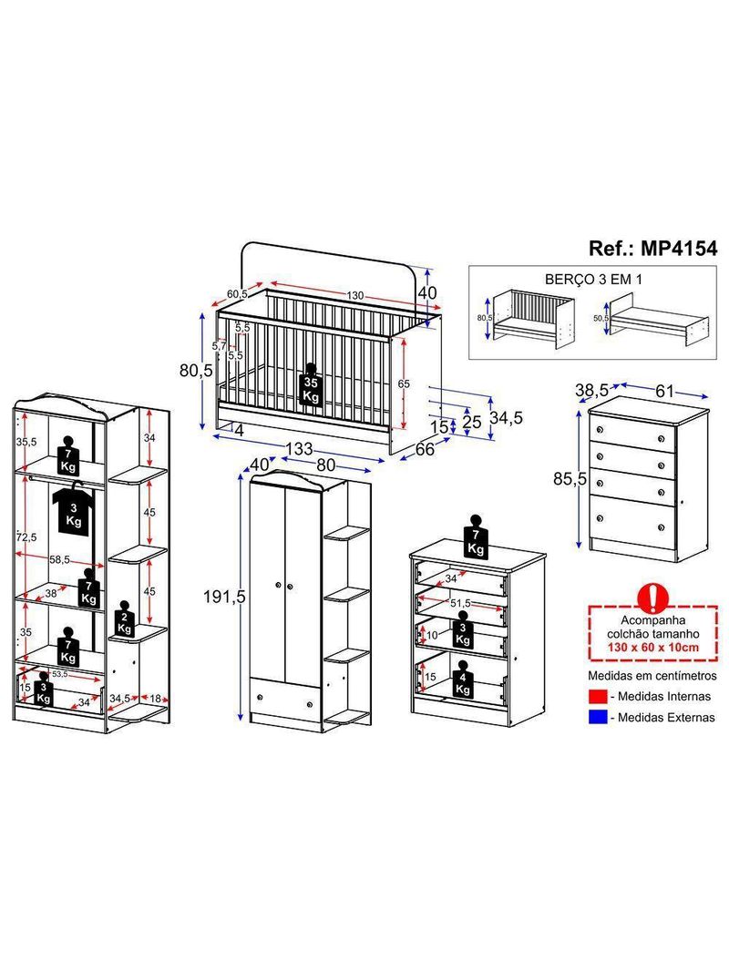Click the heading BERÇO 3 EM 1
[x=593, y=280]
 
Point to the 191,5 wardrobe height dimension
[x=224, y=597]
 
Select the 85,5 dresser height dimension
[x=570, y=478]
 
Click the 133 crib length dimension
[x=299, y=448]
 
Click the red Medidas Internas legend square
[x=598, y=696]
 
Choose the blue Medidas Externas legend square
[x=598, y=717]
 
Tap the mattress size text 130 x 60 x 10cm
[x=652, y=648]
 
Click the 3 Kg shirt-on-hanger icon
[x=74, y=508]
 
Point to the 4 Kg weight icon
[x=462, y=680]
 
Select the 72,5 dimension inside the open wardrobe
[x=26, y=537]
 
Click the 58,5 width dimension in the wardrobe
[x=59, y=559]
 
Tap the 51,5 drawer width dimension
[x=460, y=602]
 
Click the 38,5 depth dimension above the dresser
[x=591, y=390]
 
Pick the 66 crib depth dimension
[x=425, y=450]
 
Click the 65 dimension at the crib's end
[x=403, y=384]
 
